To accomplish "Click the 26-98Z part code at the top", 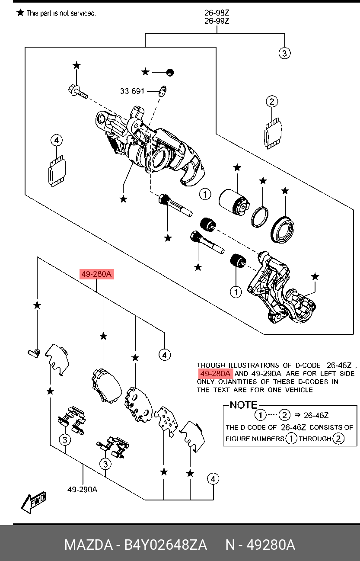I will click(217, 12).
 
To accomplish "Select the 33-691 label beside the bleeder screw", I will click(132, 91).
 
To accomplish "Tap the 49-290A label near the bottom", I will click(82, 490).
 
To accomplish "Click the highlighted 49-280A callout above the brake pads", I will click(96, 274).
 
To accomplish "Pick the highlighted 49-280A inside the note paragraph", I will click(215, 374).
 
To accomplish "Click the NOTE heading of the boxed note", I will click(243, 405).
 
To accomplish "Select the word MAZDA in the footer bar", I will click(89, 545).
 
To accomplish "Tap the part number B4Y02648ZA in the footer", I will click(166, 545).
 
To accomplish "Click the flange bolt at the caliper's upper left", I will click(78, 92).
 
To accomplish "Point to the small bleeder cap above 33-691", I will click(170, 72).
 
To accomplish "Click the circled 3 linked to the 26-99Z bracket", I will click(284, 54).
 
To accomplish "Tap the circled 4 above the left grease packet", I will click(57, 140).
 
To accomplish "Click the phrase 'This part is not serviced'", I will click(61, 13).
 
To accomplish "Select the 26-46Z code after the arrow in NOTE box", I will click(316, 416).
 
